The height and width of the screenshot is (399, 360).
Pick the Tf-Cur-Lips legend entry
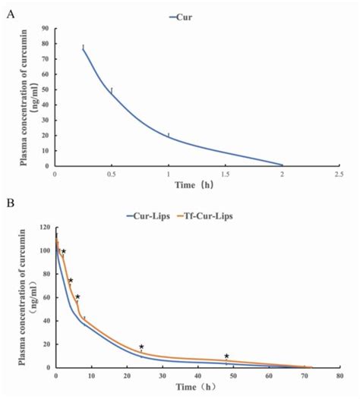pyautogui.click(x=207, y=216)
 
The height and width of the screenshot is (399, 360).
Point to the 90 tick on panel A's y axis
pyautogui.click(x=45, y=28)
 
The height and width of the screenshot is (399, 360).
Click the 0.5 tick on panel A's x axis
pyautogui.click(x=112, y=174)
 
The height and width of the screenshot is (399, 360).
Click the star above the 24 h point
pyautogui.click(x=141, y=347)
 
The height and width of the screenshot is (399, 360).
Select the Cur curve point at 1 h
pyautogui.click(x=169, y=137)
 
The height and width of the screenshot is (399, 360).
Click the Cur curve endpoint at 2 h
pyautogui.click(x=282, y=165)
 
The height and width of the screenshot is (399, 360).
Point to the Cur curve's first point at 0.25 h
pyautogui.click(x=84, y=49)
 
